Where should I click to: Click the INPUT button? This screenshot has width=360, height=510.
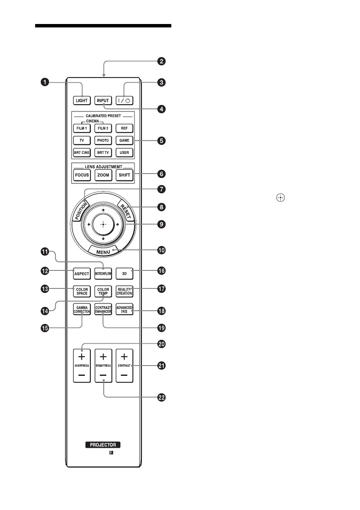point(103,101)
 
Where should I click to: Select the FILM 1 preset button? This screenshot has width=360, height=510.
point(81,128)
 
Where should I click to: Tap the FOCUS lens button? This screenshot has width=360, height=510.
point(82,175)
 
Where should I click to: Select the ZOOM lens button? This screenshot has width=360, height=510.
point(103,175)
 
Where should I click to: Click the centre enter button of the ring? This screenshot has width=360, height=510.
point(103,224)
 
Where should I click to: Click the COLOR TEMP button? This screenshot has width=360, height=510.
point(103,291)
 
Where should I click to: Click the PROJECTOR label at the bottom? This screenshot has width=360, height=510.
point(103,445)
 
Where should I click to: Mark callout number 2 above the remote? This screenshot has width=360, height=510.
point(161,61)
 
